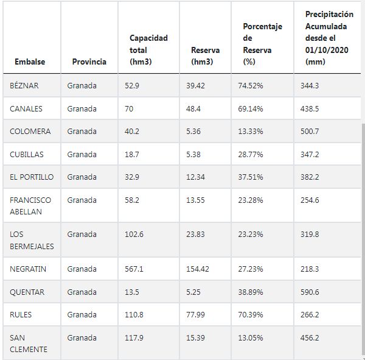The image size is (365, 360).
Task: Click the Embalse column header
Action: coord(30,62)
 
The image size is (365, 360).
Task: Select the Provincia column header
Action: coord(89,62)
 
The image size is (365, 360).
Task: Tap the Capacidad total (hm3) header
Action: coord(148,50)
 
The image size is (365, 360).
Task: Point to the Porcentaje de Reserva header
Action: coord(262,44)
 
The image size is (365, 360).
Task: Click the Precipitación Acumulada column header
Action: coord(328,38)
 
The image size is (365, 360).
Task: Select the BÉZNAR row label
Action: coord(24,86)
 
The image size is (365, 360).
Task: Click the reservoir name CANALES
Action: coord(27,108)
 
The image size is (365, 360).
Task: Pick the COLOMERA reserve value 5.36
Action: coord(195,132)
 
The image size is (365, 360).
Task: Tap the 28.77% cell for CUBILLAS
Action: coord(250,155)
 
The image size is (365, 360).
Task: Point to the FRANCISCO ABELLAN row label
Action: coord(30,206)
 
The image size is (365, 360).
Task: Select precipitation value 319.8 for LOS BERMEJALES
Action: coord(309,235)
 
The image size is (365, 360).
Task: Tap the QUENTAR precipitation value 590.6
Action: coord(310,292)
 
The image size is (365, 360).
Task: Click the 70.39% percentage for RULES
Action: coord(250,315)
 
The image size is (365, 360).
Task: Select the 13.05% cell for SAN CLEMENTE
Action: coord(250,337)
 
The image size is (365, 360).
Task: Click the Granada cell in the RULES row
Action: coord(82,315)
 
